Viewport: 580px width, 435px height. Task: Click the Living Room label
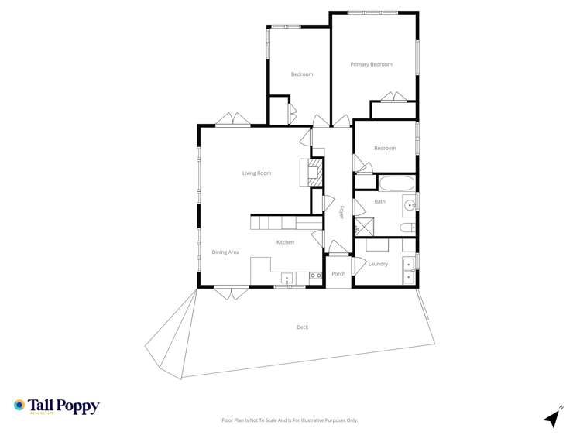coord(256,173)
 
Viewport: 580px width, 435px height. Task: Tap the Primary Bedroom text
coord(371,64)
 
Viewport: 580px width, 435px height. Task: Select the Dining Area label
coord(225,252)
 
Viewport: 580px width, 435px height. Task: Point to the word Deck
coord(302,327)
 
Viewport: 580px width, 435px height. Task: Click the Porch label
coord(338,274)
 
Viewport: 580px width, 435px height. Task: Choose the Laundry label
coord(378,265)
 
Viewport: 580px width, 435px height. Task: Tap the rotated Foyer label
coord(341,211)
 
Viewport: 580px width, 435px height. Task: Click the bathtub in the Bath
coord(396,184)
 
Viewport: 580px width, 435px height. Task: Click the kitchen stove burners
coord(315,276)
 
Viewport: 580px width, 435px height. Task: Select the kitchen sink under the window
coord(288,277)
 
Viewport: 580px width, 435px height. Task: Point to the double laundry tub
coord(408,270)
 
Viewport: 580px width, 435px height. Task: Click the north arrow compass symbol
coord(552,417)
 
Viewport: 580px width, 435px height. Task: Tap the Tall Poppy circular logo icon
coord(19,405)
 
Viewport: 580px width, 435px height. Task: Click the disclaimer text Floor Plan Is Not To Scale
coord(290,420)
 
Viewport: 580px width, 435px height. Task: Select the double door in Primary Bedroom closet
coord(393,98)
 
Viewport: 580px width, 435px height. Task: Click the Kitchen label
coord(286,243)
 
